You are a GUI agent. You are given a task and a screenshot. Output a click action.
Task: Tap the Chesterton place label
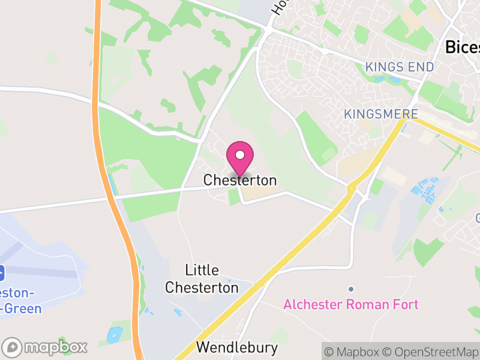click(x=240, y=180)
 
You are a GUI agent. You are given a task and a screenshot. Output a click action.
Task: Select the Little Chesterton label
click(x=202, y=279)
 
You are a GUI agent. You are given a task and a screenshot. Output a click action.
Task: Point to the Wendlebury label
click(x=237, y=347)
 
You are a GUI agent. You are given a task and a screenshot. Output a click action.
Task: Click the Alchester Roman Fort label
click(x=351, y=304)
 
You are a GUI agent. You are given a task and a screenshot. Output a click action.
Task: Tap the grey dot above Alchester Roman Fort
click(x=351, y=289)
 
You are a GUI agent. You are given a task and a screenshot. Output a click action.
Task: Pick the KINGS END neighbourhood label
click(x=399, y=67)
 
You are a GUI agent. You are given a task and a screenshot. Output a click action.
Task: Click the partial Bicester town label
click(x=463, y=47)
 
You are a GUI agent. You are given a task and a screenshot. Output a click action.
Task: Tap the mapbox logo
click(x=46, y=347)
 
